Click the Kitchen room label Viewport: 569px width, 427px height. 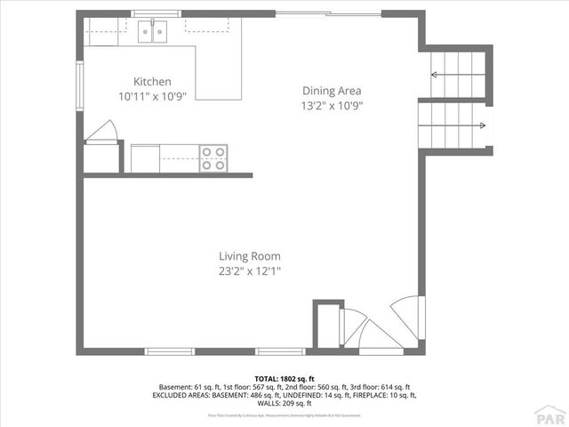click(x=152, y=80)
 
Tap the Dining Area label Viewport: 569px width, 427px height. click(x=332, y=90)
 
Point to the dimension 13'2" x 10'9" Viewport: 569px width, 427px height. click(x=333, y=105)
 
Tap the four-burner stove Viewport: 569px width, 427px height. click(x=212, y=157)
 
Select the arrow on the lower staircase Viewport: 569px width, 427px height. click(x=481, y=125)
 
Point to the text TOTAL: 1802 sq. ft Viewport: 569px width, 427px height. click(x=284, y=378)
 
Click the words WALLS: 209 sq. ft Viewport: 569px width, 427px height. click(x=284, y=403)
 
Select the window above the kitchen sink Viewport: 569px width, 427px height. click(x=156, y=13)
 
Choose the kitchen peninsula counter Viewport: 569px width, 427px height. click(x=218, y=71)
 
